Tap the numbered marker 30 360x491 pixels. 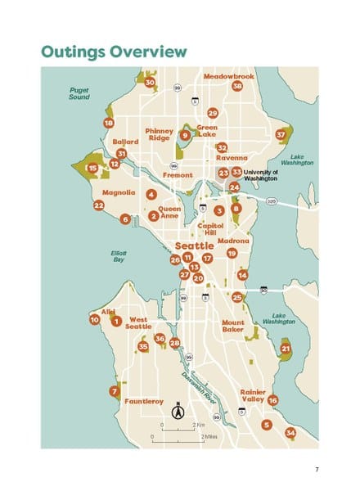(x=150, y=83)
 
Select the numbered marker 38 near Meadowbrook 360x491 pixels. (x=237, y=86)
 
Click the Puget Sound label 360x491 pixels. (x=79, y=93)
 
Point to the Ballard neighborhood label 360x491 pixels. (x=125, y=141)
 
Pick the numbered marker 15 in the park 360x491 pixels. (x=93, y=168)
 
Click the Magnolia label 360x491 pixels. (x=119, y=193)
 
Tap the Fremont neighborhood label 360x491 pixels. (x=178, y=175)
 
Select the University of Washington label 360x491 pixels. (x=261, y=175)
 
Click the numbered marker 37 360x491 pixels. (x=281, y=133)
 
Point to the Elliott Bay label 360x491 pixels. (x=119, y=257)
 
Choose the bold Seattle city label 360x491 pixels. (x=195, y=245)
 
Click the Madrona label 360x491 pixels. (x=233, y=241)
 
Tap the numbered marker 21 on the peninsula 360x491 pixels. (x=286, y=349)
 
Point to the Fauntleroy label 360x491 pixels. (x=144, y=402)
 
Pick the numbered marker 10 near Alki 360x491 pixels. (x=95, y=320)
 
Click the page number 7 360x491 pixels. (x=316, y=469)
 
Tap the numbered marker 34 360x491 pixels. (x=290, y=432)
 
